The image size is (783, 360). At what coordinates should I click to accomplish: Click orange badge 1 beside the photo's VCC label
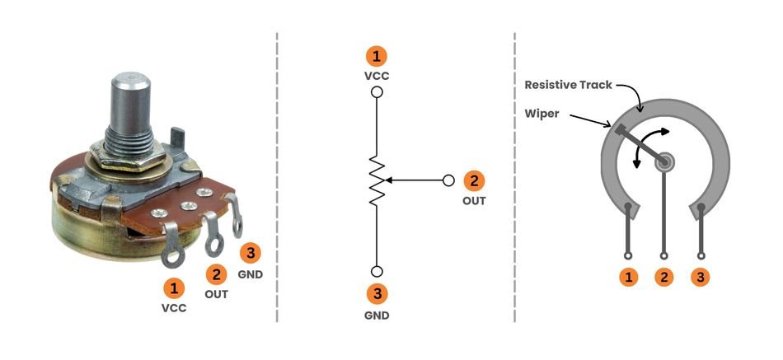(174, 288)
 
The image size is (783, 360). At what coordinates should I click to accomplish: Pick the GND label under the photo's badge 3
(251, 274)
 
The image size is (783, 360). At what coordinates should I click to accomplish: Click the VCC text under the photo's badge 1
(174, 309)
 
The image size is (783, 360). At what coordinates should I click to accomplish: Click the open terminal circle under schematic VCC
(377, 92)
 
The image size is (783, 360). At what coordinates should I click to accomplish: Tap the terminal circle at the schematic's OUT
(449, 180)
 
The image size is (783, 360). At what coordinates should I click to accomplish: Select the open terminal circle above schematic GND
(377, 272)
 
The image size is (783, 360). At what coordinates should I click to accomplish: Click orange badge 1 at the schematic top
(377, 57)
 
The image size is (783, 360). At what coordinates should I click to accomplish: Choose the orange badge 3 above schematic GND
(377, 293)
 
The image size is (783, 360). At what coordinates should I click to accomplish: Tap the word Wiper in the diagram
(541, 115)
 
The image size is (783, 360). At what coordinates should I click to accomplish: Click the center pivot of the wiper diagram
(664, 162)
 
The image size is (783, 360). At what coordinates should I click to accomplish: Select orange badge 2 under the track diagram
(664, 278)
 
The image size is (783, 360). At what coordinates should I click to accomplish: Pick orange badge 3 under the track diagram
(701, 278)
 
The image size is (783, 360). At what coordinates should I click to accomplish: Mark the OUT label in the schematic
(474, 200)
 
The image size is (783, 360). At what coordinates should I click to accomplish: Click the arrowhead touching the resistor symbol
(389, 180)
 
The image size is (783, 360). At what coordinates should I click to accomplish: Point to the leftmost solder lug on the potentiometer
(174, 256)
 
